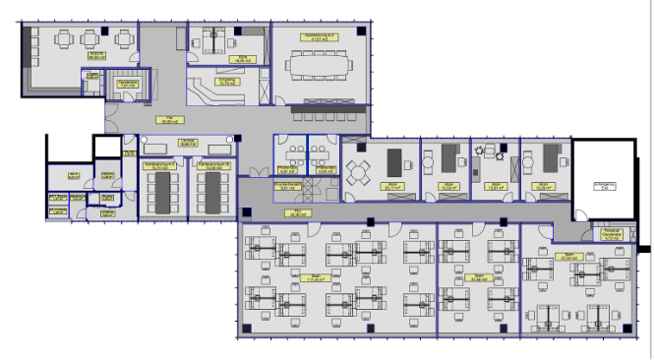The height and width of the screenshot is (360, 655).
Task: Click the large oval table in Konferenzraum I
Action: pos(320,65)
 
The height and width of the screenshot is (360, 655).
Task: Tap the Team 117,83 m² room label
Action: pos(316,278)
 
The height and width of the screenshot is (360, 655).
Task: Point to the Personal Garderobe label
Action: pos(612,235)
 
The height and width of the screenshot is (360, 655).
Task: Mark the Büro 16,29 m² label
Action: pos(542,185)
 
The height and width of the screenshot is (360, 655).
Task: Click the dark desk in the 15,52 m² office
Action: pos(451,156)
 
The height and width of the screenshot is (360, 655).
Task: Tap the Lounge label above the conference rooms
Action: pos(186,143)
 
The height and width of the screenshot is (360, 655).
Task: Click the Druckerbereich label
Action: pos(286,185)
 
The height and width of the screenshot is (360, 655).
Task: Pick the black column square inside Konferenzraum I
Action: pos(363,30)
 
